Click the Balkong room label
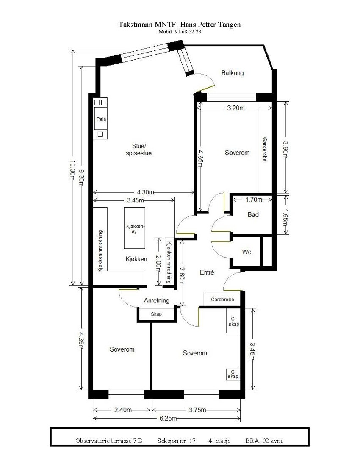tap(233, 73)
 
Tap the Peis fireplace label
tap(101, 119)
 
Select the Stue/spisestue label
tap(138, 150)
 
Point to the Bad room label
tap(253, 215)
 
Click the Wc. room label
tap(247, 252)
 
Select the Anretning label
tap(157, 300)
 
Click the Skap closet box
tap(156, 314)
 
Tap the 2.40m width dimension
tap(122, 410)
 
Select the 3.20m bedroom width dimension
tap(236, 108)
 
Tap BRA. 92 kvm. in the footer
tap(264, 441)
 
